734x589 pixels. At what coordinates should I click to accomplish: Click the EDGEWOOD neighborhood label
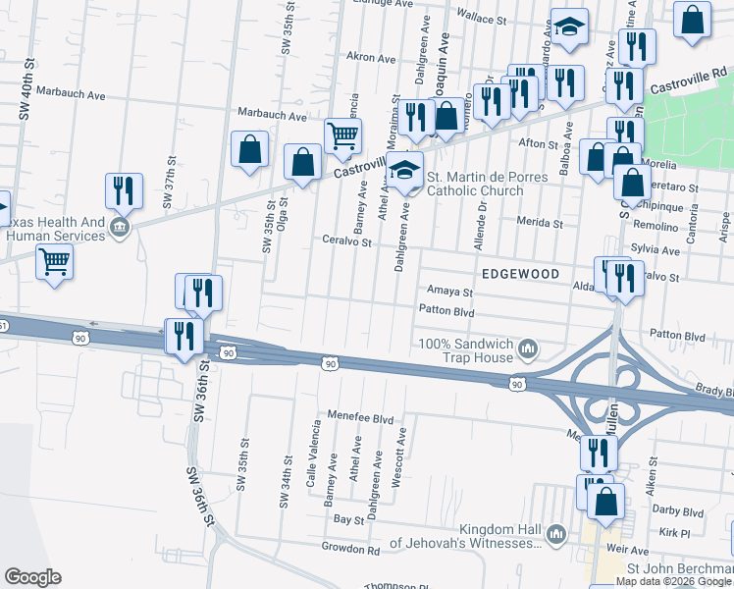tap(520, 274)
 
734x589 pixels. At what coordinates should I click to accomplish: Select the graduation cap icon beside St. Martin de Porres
tap(404, 172)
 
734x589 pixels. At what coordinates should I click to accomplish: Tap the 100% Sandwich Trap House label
tap(466, 350)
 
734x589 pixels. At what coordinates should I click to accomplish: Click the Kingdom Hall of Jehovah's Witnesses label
tap(466, 536)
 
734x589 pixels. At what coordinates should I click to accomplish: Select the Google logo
tap(32, 577)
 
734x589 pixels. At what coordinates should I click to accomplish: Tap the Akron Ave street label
tap(371, 58)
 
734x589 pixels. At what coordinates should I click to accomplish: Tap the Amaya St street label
tap(450, 292)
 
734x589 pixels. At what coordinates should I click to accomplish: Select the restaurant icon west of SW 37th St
tap(124, 190)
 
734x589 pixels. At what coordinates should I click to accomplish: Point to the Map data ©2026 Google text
tap(673, 581)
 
